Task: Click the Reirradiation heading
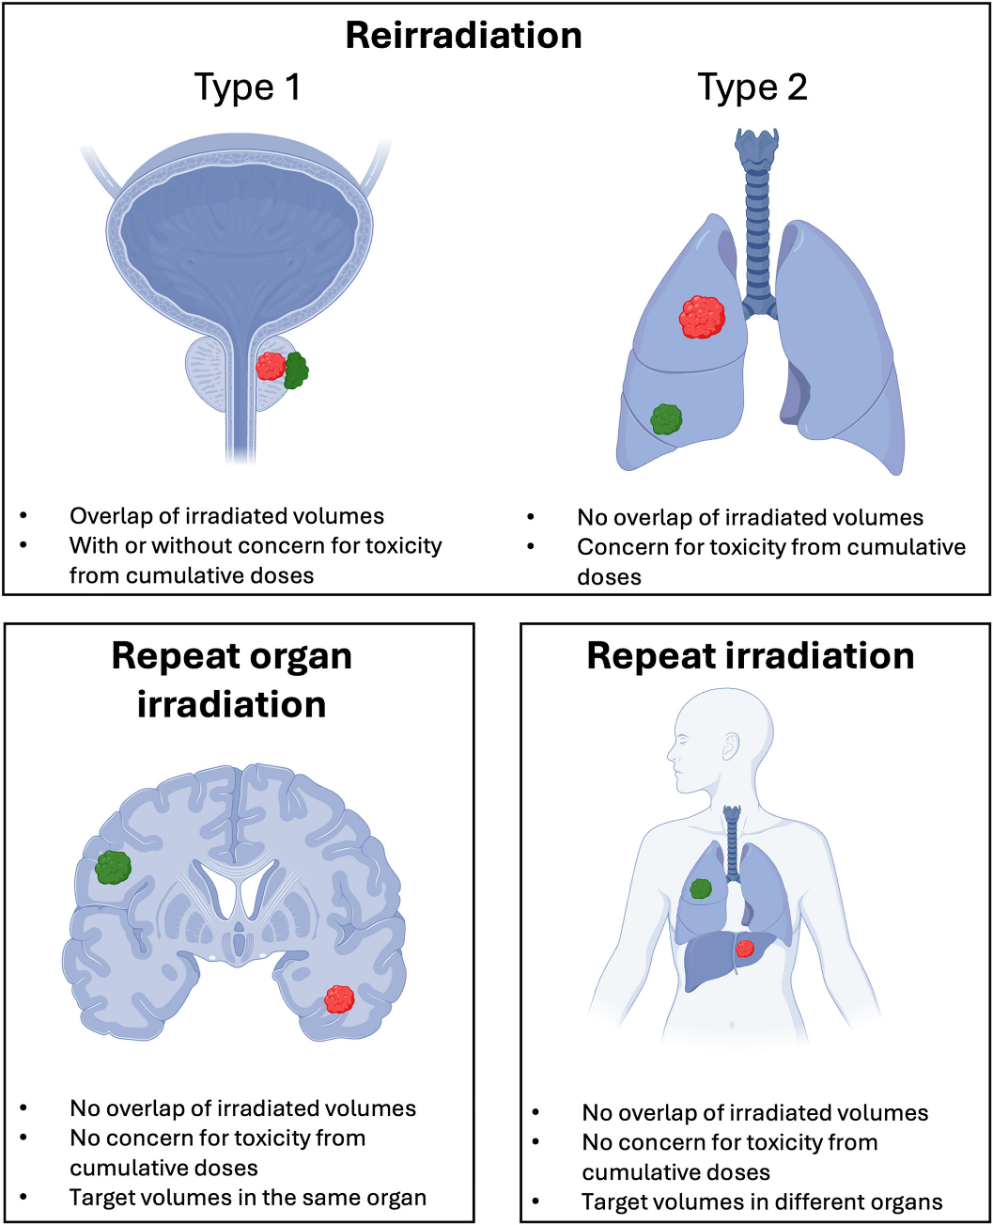(463, 36)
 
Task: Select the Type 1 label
(247, 87)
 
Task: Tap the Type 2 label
(752, 87)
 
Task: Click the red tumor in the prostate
(271, 366)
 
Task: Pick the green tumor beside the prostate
(297, 370)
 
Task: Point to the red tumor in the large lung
(702, 317)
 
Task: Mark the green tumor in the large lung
(666, 418)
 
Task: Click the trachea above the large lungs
(756, 216)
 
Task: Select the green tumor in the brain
(114, 867)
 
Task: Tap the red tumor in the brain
(339, 998)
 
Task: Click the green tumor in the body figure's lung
(701, 887)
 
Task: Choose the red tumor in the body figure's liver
(744, 948)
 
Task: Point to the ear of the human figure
(730, 747)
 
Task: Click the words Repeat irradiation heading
(750, 656)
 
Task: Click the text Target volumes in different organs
(761, 1201)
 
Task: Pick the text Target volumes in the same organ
(247, 1198)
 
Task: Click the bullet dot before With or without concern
(23, 545)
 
